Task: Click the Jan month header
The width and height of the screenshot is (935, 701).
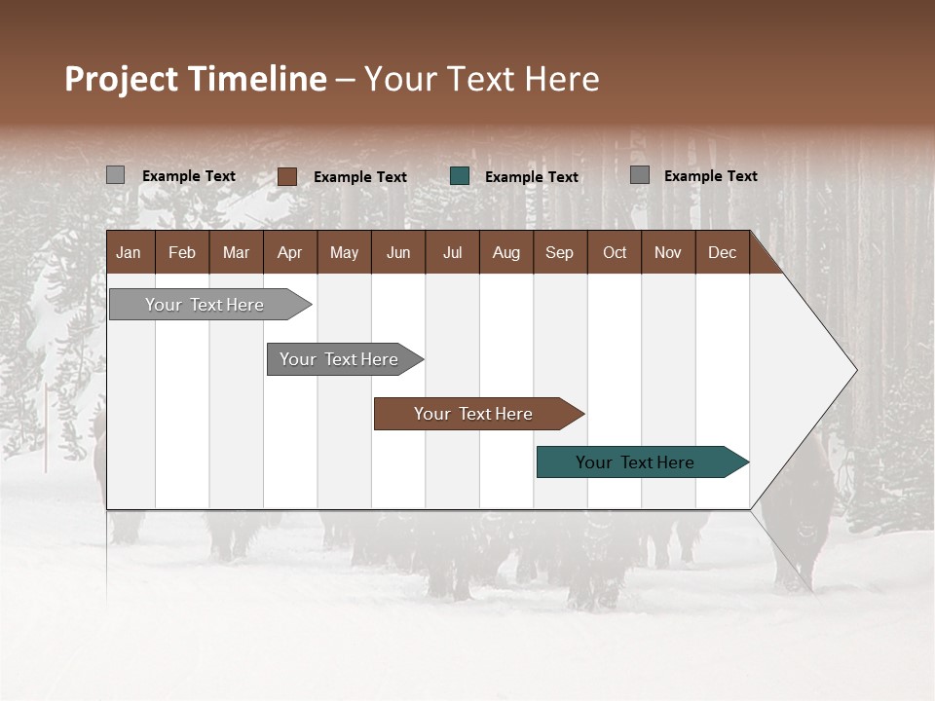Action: pyautogui.click(x=129, y=252)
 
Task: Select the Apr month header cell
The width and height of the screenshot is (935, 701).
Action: pyautogui.click(x=289, y=252)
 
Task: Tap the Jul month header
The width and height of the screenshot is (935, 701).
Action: pyautogui.click(x=452, y=252)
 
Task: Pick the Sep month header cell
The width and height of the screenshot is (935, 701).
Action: pyautogui.click(x=559, y=252)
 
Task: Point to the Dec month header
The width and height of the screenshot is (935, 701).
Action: pyautogui.click(x=722, y=252)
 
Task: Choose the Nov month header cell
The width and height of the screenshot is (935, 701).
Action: pyautogui.click(x=667, y=252)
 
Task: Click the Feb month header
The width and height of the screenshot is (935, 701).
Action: pyautogui.click(x=182, y=252)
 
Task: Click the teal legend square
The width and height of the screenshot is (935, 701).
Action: pyautogui.click(x=460, y=176)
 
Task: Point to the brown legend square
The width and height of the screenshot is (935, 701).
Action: pyautogui.click(x=286, y=176)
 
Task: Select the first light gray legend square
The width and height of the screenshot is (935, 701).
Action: pyautogui.click(x=115, y=175)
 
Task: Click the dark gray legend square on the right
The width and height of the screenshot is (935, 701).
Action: pyautogui.click(x=640, y=175)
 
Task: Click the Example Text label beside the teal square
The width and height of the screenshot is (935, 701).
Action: pyautogui.click(x=531, y=177)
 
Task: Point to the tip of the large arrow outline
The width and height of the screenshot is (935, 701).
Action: pyautogui.click(x=855, y=370)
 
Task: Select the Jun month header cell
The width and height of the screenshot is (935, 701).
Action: pyautogui.click(x=398, y=252)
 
